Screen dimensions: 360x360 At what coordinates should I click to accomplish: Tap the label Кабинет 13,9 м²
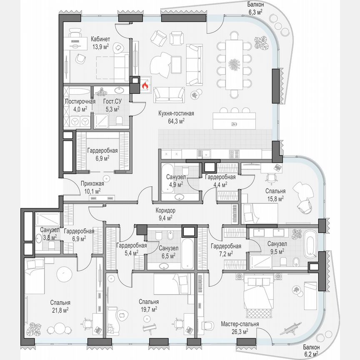tap(100, 42)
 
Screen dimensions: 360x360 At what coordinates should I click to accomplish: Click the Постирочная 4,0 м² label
tap(80, 105)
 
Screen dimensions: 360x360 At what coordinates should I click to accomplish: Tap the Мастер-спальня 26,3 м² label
tap(240, 327)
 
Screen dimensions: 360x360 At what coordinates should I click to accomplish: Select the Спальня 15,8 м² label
tap(275, 195)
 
